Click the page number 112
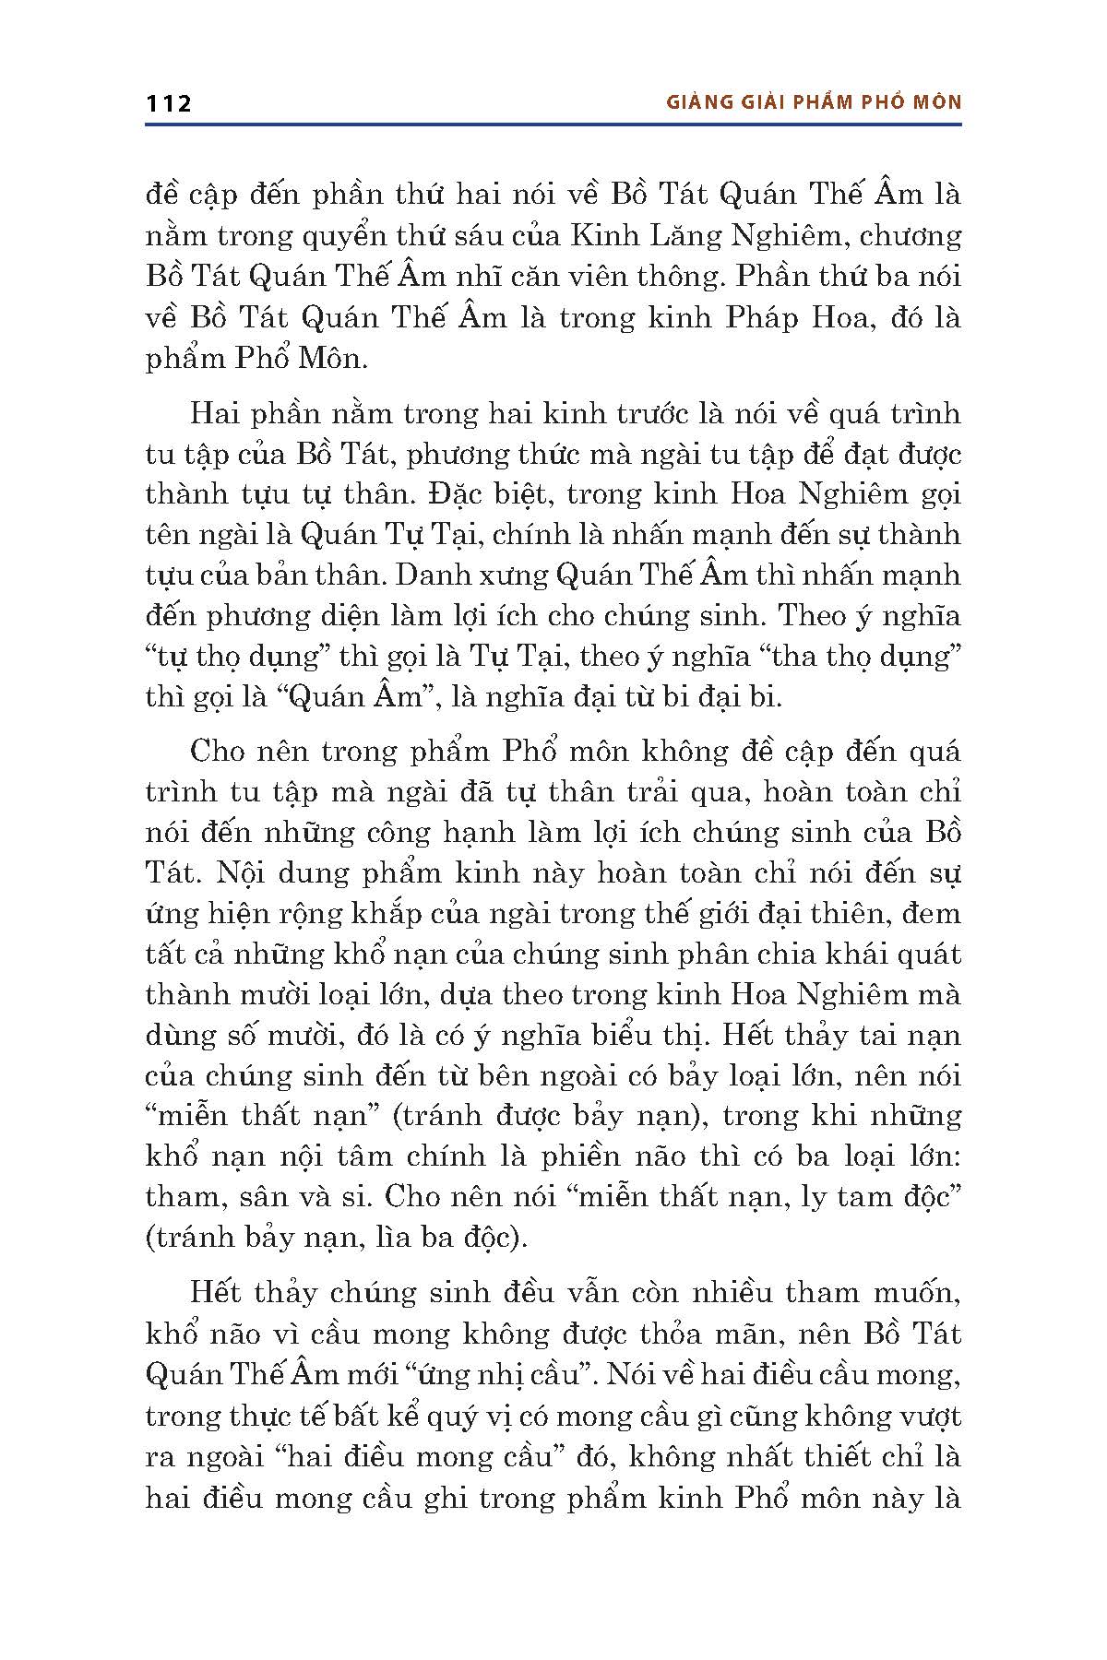(x=168, y=103)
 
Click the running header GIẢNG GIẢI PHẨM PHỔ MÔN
(x=814, y=102)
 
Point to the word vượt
(x=927, y=1416)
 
